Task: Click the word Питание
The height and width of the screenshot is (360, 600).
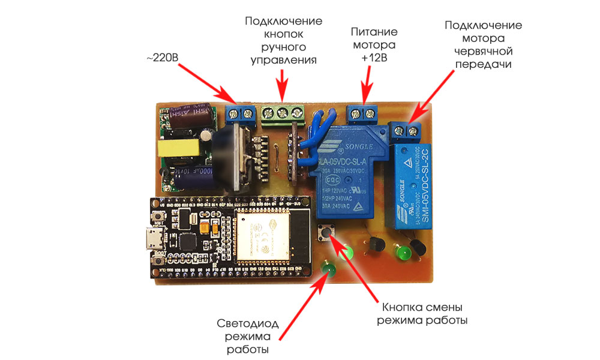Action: coord(373,32)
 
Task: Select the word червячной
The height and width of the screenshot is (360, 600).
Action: coord(483,51)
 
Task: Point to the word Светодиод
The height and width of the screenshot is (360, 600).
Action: coord(242,324)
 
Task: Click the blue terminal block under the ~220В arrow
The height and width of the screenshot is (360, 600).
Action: coord(239,113)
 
